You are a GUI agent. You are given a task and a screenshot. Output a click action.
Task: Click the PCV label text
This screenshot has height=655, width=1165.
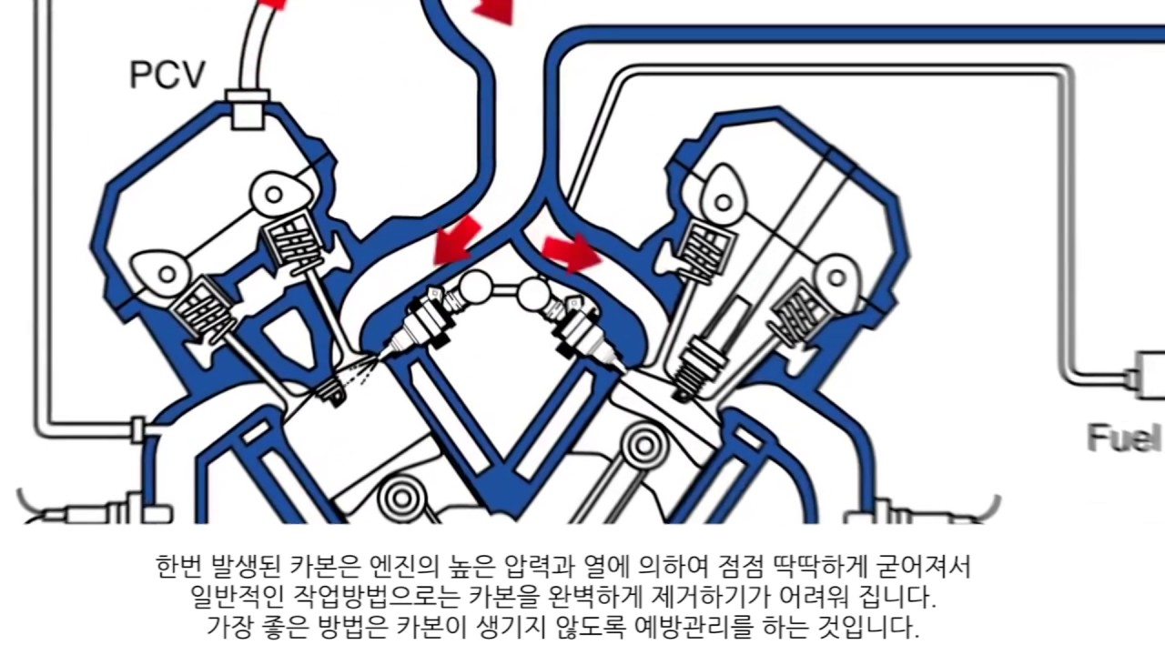[168, 75]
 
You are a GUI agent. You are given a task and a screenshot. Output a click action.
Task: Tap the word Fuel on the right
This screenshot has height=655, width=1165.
[1124, 438]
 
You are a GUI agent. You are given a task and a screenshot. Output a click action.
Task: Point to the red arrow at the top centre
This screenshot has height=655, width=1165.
[496, 9]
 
